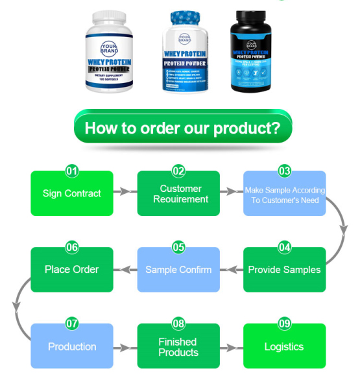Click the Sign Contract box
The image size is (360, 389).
(x=72, y=194)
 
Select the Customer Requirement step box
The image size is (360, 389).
(x=178, y=194)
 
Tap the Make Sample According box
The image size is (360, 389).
(x=284, y=194)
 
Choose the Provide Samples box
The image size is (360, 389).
(x=284, y=270)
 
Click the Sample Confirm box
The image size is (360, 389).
(x=178, y=270)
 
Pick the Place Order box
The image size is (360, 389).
(x=72, y=270)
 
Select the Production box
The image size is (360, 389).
(x=72, y=347)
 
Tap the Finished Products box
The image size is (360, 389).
(x=178, y=347)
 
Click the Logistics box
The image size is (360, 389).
(x=284, y=347)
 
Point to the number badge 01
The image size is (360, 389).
(x=72, y=171)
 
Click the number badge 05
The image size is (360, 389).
(x=178, y=248)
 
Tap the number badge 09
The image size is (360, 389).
(x=284, y=324)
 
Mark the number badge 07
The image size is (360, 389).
(x=72, y=324)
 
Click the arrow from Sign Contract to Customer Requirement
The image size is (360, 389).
(x=125, y=192)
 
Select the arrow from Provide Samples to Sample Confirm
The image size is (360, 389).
(x=231, y=270)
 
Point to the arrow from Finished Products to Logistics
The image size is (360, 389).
(x=231, y=348)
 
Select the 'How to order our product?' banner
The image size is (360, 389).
(x=183, y=127)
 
